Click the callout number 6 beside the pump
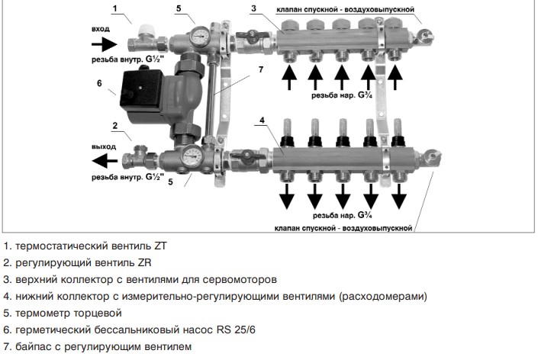pos(100,83)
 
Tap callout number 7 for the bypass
pos(260,70)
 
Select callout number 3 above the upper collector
pos(253,8)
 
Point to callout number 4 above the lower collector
pos(261,121)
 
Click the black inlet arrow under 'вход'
pos(106,43)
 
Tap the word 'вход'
pos(101,28)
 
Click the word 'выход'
pos(102,146)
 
